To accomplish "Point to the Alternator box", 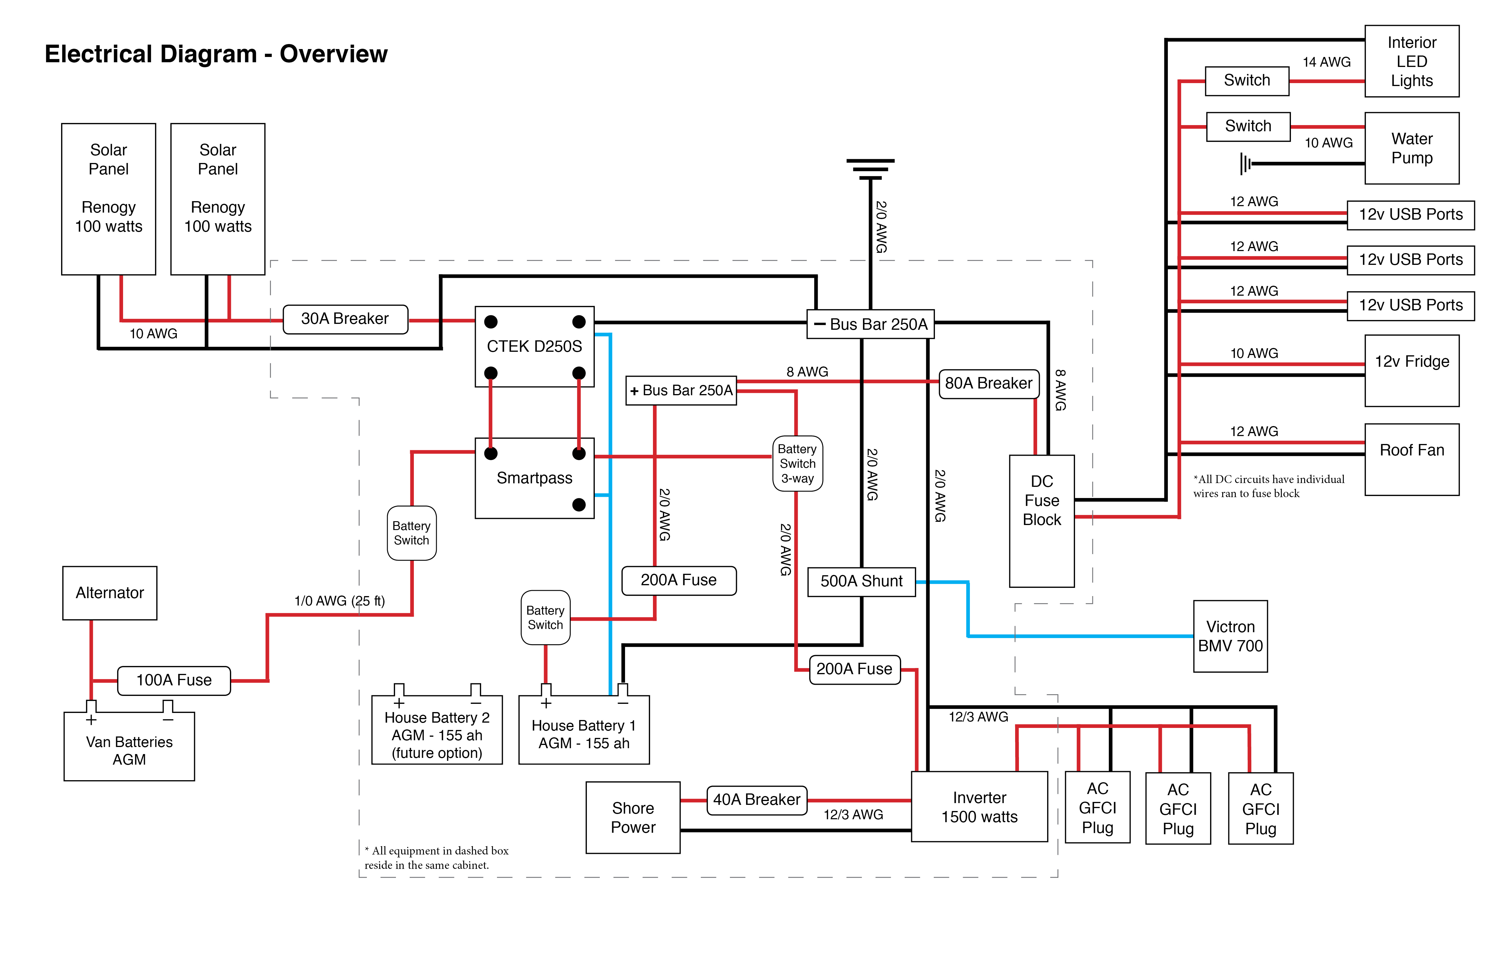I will (x=110, y=593).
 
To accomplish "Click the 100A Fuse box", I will (x=174, y=680).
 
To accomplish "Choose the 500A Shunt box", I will (x=861, y=581).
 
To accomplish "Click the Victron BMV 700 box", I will (x=1230, y=636).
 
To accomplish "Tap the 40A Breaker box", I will (x=757, y=800).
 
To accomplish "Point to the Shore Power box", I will (x=633, y=817).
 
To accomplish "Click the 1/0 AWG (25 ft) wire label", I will (x=339, y=601).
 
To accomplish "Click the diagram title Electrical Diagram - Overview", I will (x=216, y=54).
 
